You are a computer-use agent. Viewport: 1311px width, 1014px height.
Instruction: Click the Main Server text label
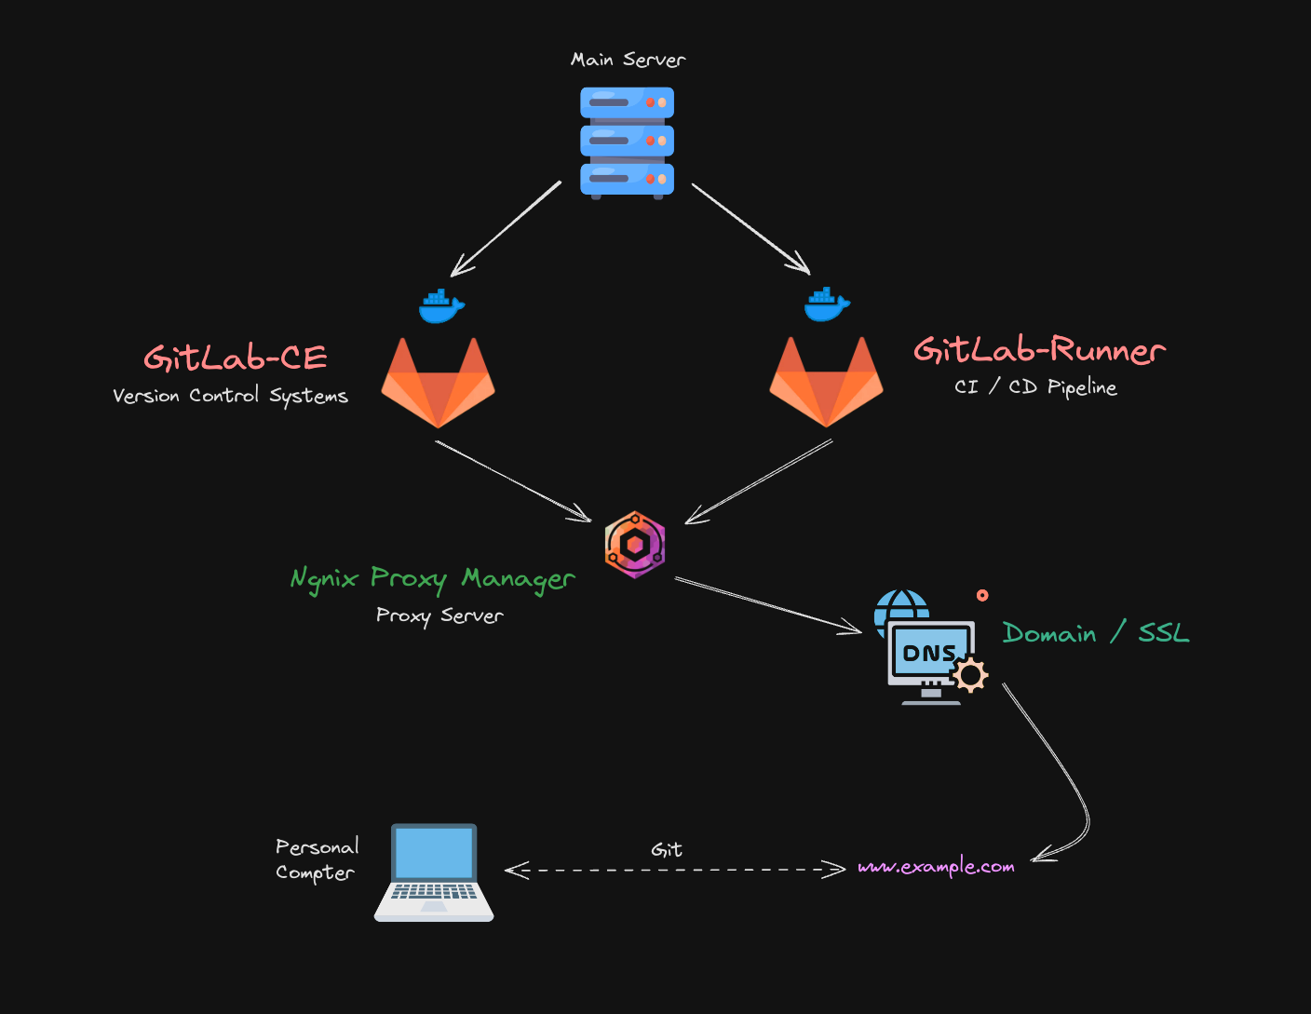point(628,60)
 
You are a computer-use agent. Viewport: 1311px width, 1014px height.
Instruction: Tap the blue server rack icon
point(627,142)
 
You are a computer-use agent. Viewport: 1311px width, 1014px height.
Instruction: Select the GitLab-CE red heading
point(236,358)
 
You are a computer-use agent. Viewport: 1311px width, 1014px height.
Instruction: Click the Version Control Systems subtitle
point(230,396)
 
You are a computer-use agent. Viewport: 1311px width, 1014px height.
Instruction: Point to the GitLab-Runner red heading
point(1039,350)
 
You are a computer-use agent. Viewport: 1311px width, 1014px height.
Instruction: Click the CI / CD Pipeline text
point(1035,386)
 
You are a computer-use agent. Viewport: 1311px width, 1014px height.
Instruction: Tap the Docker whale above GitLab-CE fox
point(440,305)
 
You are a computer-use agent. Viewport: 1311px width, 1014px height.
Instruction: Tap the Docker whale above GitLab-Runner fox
point(827,304)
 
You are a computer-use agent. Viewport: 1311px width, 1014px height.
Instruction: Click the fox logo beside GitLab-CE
point(438,383)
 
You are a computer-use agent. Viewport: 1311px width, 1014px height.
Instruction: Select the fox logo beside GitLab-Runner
point(826,383)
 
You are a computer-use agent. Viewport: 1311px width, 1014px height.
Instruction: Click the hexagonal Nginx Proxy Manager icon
point(635,545)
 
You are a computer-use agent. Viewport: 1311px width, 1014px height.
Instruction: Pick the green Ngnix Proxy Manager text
point(433,578)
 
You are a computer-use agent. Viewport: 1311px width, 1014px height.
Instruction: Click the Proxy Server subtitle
point(439,615)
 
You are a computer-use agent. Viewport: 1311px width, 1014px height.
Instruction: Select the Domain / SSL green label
point(1096,633)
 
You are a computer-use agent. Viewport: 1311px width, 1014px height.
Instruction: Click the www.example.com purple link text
point(936,867)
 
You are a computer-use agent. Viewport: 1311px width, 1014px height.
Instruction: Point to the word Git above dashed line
point(667,849)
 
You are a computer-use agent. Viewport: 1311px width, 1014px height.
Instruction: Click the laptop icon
point(434,872)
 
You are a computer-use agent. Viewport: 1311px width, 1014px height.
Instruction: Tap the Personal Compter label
point(317,859)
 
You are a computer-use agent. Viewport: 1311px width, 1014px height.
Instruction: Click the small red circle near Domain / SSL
point(982,595)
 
